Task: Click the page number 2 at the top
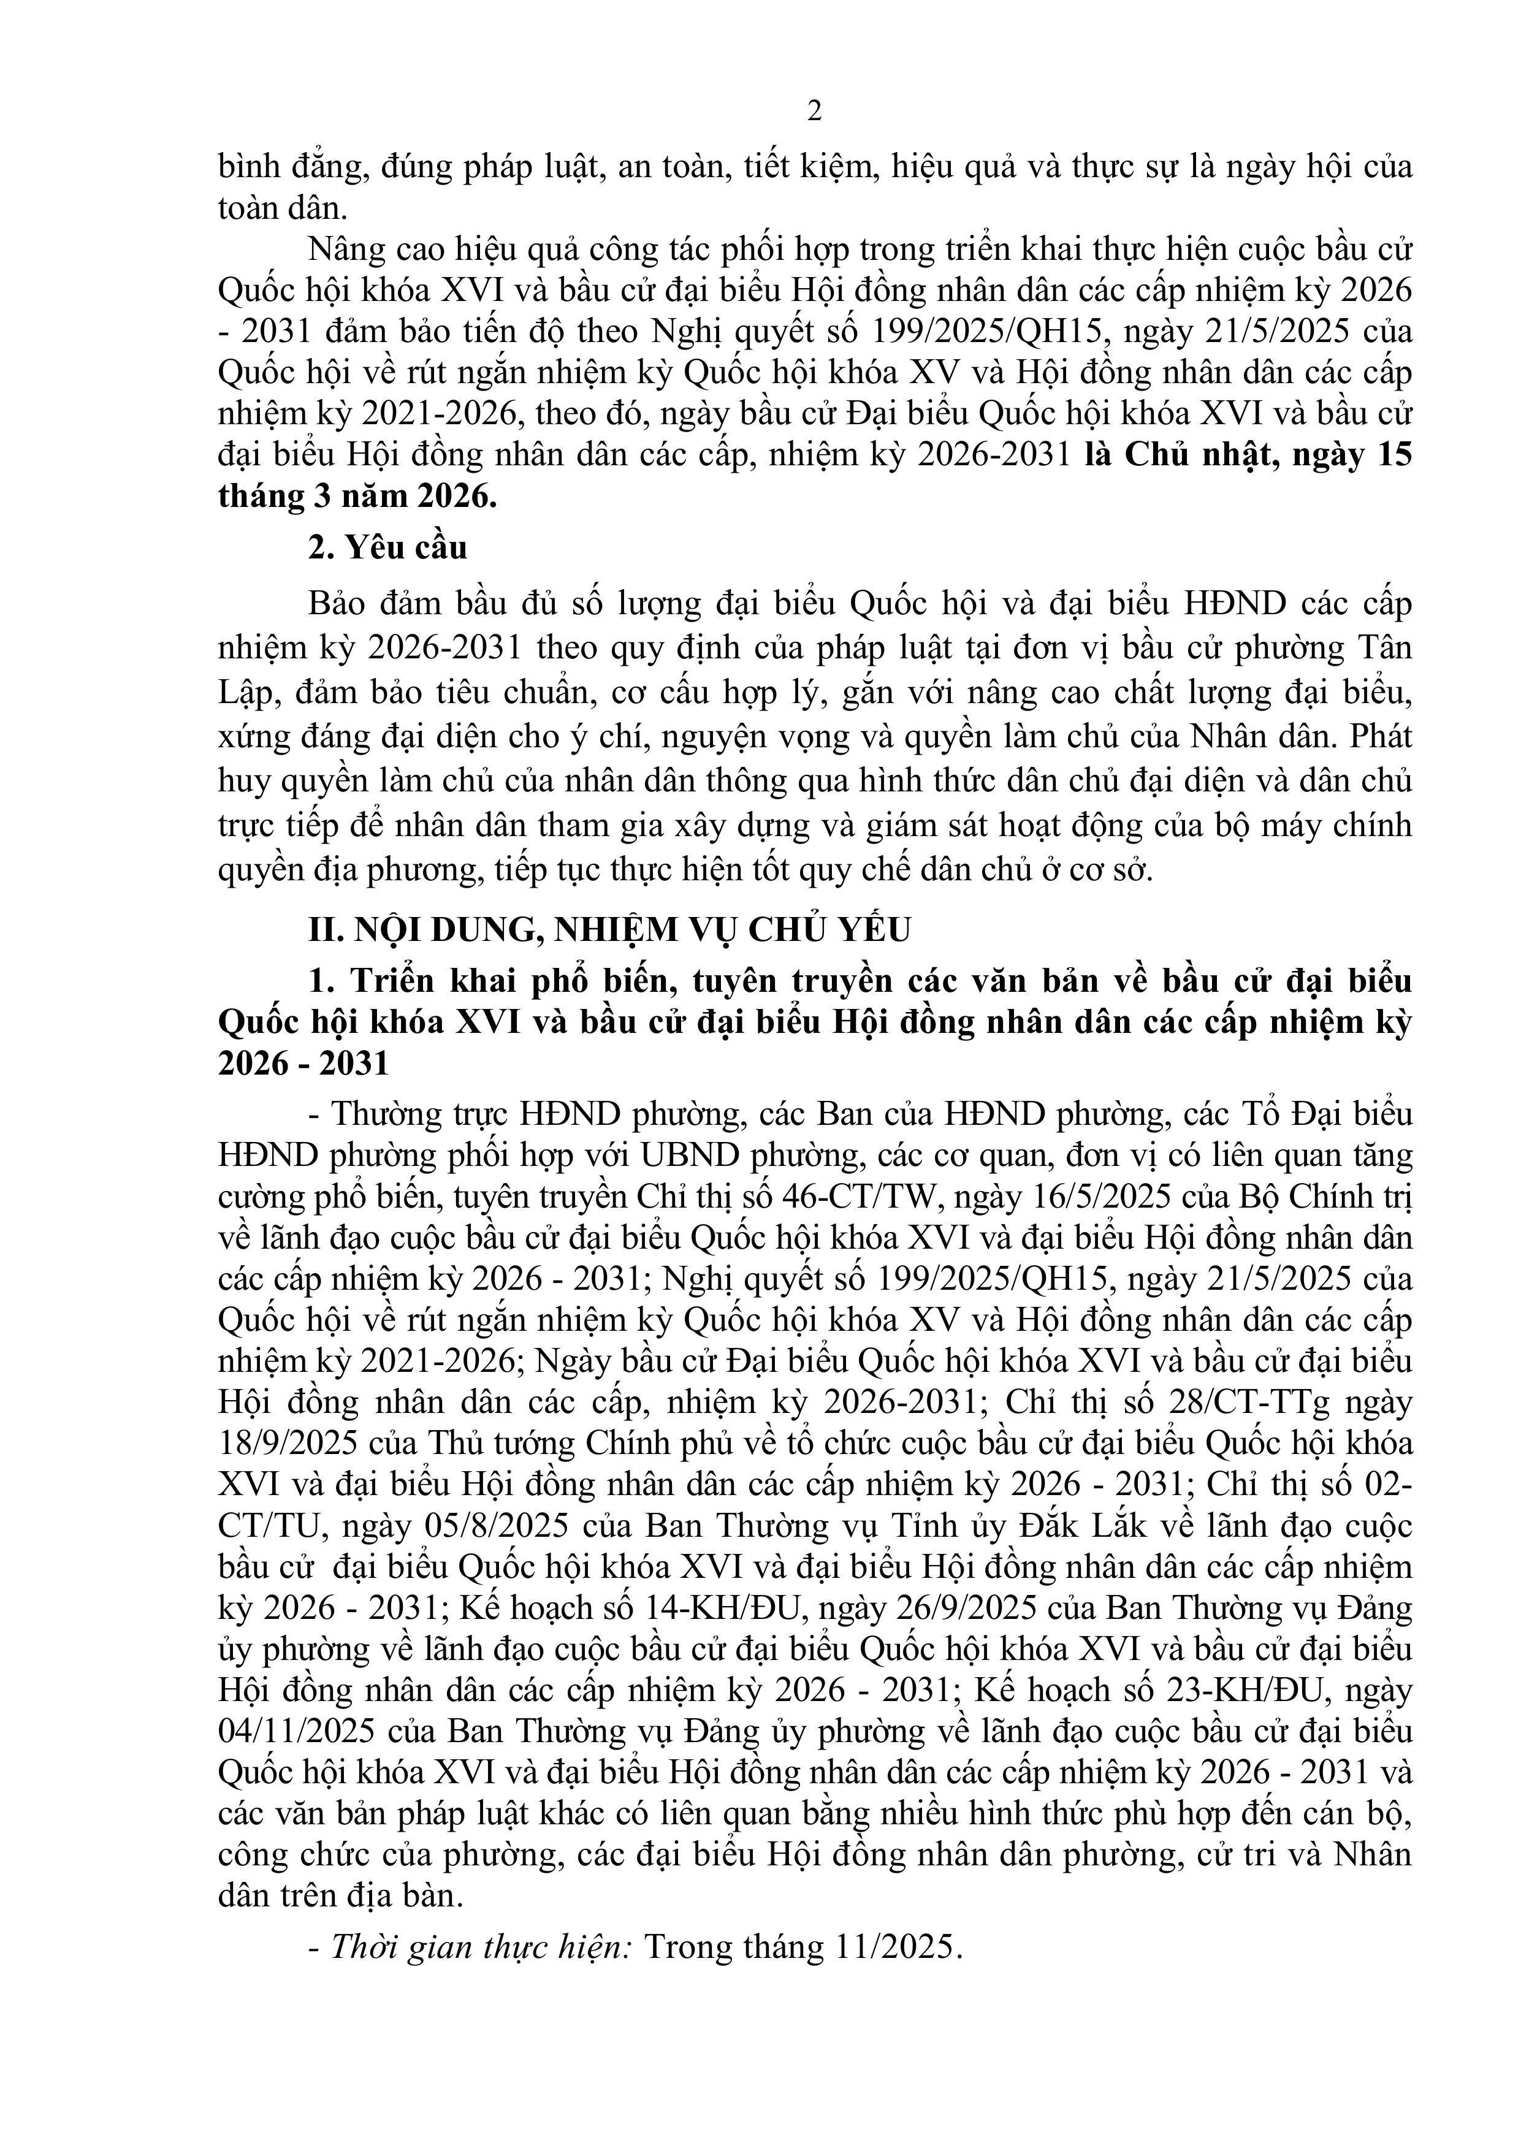point(814,112)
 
